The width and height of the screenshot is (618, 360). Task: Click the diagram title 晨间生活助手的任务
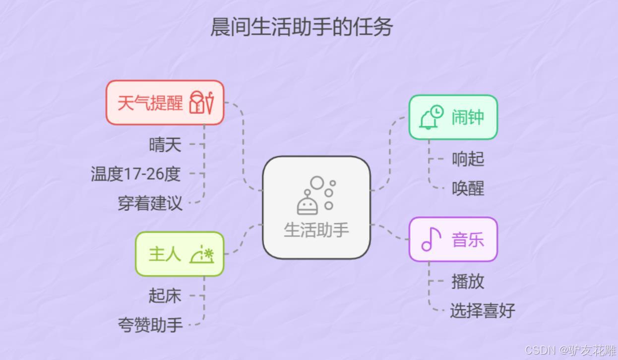[x=302, y=27]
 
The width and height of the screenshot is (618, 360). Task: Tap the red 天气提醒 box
[x=165, y=103]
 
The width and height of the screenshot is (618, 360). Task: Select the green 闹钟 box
[x=452, y=118]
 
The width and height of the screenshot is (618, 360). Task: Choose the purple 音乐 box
[x=452, y=240]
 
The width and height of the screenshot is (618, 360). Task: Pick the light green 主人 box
[x=180, y=254]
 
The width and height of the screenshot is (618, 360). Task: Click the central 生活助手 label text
[x=316, y=230]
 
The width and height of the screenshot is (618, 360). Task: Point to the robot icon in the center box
[x=309, y=202]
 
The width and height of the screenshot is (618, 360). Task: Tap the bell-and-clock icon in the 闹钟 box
[x=431, y=118]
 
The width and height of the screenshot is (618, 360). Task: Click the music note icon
[x=431, y=240]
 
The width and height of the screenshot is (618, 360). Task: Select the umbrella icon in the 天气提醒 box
[x=209, y=103]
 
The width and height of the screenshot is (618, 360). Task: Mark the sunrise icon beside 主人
[x=202, y=254]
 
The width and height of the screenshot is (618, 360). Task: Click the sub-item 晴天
[x=165, y=145]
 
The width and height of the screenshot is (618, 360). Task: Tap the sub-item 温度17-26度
[x=135, y=174]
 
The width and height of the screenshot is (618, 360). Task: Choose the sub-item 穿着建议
[x=150, y=203]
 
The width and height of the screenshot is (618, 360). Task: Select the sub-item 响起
[x=468, y=159]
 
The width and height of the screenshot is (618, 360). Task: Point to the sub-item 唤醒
[x=468, y=188]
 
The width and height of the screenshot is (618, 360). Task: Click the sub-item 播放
[x=468, y=281]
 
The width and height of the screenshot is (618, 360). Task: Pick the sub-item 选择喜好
[x=482, y=311]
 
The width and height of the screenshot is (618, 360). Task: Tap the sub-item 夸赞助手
[x=150, y=325]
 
